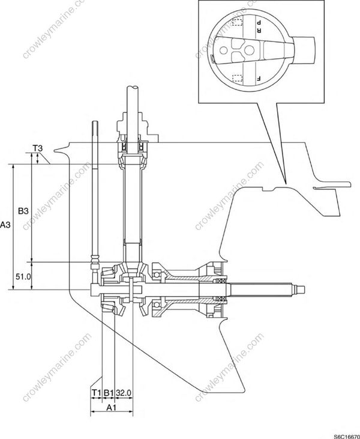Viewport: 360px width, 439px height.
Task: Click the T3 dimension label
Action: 37,147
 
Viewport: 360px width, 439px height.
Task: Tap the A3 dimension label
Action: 5,225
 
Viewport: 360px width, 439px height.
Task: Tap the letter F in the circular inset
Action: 259,79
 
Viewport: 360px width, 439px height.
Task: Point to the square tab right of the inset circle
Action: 308,46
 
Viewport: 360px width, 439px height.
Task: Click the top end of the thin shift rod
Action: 96,123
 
